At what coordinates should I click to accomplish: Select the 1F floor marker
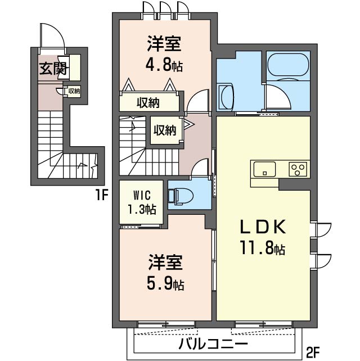pyautogui.click(x=101, y=196)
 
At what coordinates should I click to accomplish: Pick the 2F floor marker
pyautogui.click(x=313, y=353)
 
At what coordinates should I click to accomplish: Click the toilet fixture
pyautogui.click(x=181, y=195)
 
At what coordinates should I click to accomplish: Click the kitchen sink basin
pyautogui.click(x=264, y=168)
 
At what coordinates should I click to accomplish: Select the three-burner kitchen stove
pyautogui.click(x=298, y=168)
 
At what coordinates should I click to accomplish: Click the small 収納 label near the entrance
pyautogui.click(x=74, y=91)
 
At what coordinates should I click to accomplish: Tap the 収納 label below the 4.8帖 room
pyautogui.click(x=148, y=102)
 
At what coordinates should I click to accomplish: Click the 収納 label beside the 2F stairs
pyautogui.click(x=165, y=130)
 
